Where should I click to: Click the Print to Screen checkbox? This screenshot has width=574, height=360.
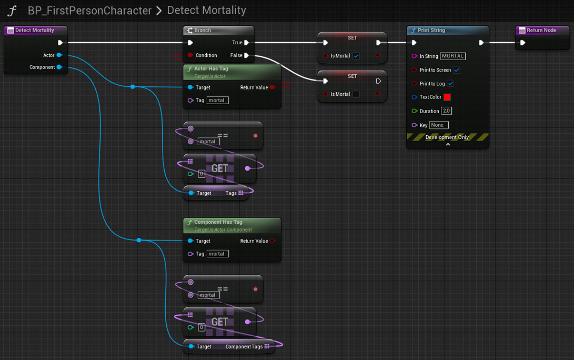click(457, 70)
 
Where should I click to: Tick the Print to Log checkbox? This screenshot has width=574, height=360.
click(451, 84)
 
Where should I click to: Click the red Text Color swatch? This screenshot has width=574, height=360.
click(447, 97)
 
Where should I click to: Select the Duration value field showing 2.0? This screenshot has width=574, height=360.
click(446, 111)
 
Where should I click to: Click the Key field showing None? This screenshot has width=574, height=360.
click(439, 125)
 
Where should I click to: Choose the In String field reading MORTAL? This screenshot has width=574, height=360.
click(453, 56)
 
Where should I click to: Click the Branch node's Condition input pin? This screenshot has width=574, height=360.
click(190, 55)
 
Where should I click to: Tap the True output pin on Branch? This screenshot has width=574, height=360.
click(247, 43)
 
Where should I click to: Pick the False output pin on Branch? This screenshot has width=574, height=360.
click(247, 55)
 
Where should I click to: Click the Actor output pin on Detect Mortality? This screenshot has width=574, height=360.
click(59, 55)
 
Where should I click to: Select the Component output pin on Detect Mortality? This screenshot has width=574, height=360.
click(59, 67)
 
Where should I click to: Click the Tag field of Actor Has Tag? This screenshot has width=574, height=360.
click(217, 101)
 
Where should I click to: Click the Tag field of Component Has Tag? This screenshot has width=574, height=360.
click(217, 254)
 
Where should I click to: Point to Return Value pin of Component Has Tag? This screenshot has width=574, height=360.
click(273, 241)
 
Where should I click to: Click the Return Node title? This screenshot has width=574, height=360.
click(541, 31)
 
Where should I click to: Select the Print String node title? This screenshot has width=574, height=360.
click(431, 31)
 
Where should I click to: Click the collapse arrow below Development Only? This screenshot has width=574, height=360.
click(448, 145)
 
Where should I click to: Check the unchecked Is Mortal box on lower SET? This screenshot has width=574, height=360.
click(356, 94)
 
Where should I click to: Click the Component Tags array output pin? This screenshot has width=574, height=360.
click(267, 346)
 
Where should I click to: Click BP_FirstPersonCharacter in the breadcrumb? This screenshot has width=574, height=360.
click(89, 11)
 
